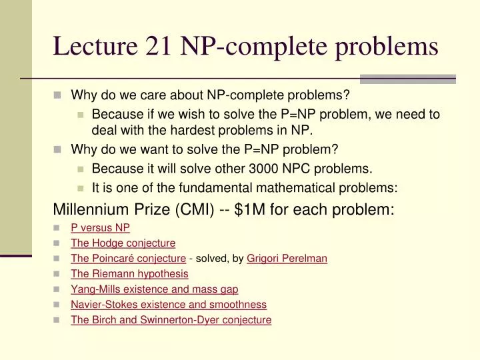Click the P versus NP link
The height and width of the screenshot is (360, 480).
[x=100, y=227]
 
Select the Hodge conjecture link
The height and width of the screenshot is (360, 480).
[x=123, y=243]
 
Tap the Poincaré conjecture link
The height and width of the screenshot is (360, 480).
[x=128, y=258]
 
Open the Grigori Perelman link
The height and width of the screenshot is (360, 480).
[x=287, y=258]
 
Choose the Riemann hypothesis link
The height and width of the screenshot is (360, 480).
[x=129, y=273]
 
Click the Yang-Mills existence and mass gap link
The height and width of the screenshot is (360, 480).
[x=154, y=289]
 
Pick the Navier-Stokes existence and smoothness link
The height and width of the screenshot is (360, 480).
[x=169, y=304]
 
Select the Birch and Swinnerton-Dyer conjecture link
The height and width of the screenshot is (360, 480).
[x=171, y=319]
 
